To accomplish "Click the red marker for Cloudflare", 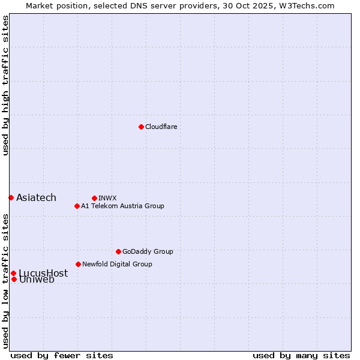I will click(141, 127).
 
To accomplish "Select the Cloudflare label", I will click(161, 127).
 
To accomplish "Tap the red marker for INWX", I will click(94, 198).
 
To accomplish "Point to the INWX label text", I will click(107, 198).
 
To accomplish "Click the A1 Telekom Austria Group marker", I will click(77, 206).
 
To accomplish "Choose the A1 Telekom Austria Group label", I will click(122, 206).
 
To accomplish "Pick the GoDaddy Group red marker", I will click(118, 251).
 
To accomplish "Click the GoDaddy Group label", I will click(148, 251).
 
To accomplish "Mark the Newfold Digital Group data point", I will click(78, 264).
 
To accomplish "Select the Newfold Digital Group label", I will click(117, 264).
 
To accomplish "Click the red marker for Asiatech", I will click(11, 197).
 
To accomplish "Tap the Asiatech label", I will click(36, 198).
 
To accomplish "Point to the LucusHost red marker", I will click(13, 273).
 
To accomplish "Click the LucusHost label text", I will click(43, 273).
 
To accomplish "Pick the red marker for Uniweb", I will click(14, 279).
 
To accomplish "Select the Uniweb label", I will click(37, 280).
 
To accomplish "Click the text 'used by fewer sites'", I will click(62, 355).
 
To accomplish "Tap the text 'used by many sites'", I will click(301, 355).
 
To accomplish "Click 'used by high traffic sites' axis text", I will click(5, 85).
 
